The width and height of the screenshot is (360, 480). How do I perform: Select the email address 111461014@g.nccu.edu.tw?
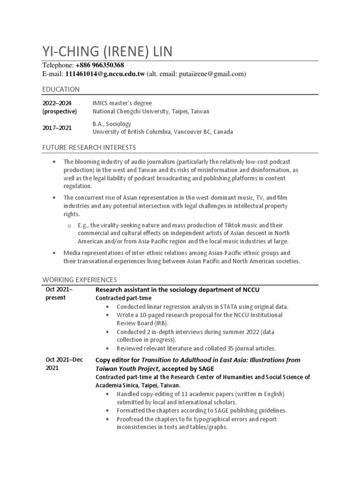(105, 74)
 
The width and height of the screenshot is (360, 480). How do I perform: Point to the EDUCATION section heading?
(61, 89)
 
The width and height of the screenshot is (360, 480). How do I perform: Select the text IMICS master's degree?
(122, 103)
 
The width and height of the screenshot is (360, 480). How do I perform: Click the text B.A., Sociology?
(112, 124)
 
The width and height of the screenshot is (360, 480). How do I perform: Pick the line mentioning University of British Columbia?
(162, 132)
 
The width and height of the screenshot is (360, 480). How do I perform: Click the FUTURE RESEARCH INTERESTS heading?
(90, 147)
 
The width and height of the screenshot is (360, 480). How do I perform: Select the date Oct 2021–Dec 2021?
(64, 364)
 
